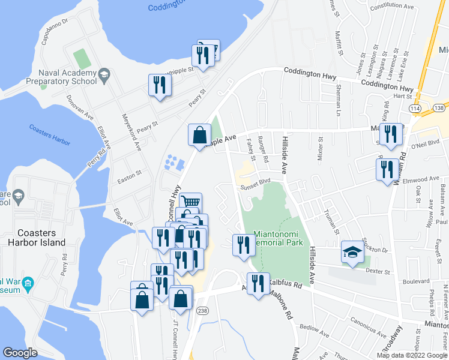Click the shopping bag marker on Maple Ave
tap(199, 136)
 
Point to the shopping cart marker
tap(191, 203)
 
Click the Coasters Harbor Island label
tap(40, 238)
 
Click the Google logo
tap(20, 352)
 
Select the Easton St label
tap(129, 173)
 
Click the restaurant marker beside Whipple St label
tap(160, 85)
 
